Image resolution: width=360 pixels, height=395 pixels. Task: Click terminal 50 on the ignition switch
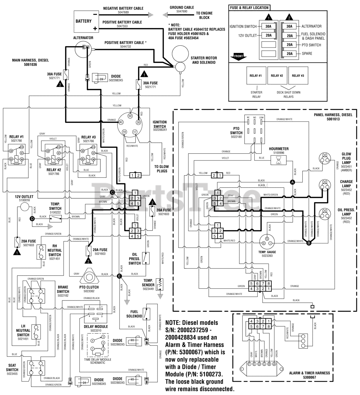pyautogui.click(x=130, y=115)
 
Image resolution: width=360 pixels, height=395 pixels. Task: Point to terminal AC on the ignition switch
pyautogui.click(x=121, y=122)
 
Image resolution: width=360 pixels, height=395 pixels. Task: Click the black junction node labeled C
pyautogui.click(x=112, y=192)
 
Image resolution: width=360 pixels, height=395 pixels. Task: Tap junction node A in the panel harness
pyautogui.click(x=292, y=182)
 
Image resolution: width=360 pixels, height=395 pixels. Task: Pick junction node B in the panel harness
pyautogui.click(x=309, y=243)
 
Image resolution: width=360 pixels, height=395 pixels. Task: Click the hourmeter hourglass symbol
pyautogui.click(x=278, y=160)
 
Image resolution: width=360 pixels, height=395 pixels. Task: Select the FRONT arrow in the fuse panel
pyautogui.click(x=238, y=56)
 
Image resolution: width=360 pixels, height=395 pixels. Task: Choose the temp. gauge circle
pyautogui.click(x=267, y=241)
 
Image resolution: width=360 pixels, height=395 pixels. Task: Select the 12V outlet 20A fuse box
pyautogui.click(x=268, y=35)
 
